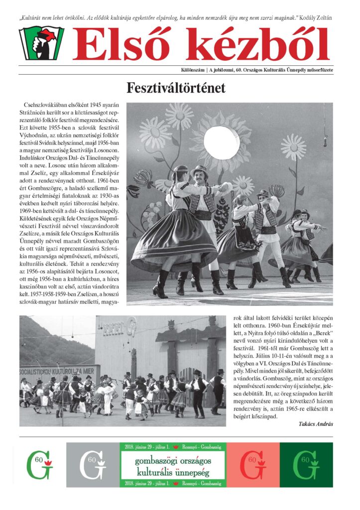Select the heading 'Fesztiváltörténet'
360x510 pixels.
click(x=176, y=89)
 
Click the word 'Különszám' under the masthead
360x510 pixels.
click(x=195, y=69)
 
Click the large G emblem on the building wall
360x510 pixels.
click(x=131, y=330)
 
